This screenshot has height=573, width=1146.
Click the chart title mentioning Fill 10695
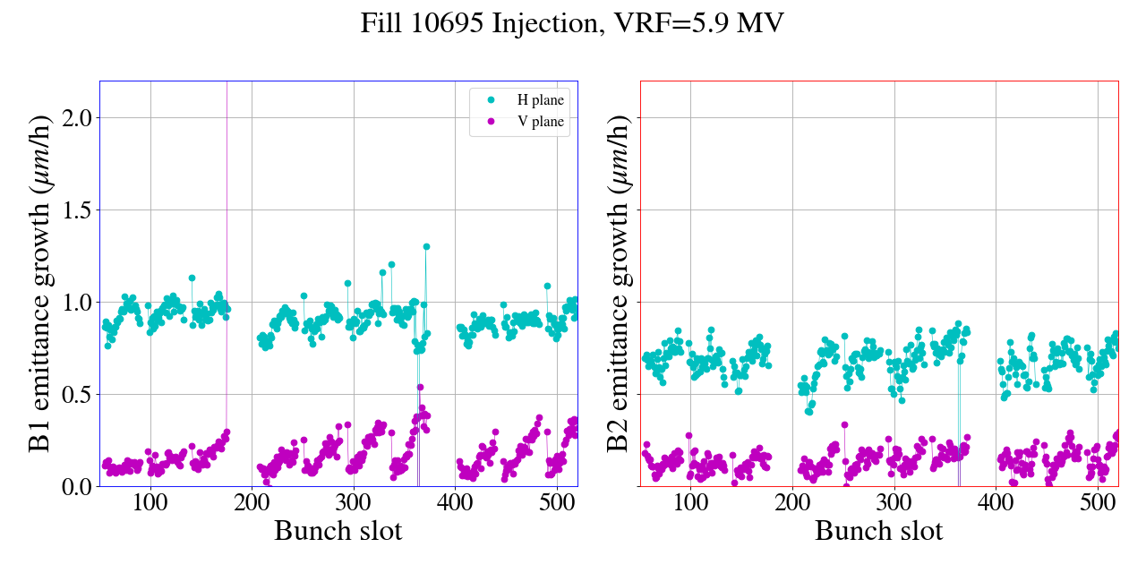click(x=572, y=23)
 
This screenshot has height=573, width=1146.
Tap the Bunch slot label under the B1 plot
click(x=338, y=531)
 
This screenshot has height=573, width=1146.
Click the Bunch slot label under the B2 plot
click(x=879, y=531)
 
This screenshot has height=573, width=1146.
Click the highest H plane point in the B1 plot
click(x=426, y=246)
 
